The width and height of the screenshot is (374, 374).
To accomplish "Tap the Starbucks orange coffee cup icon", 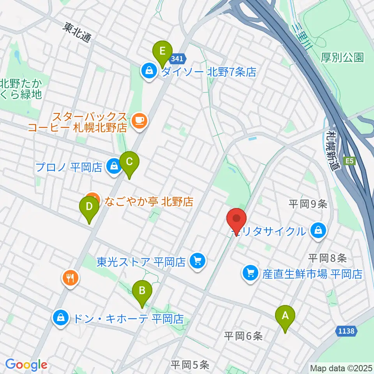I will (139, 121).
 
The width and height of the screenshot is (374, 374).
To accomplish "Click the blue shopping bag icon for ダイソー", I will (148, 71).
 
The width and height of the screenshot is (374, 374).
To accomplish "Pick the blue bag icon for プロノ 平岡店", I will (113, 167).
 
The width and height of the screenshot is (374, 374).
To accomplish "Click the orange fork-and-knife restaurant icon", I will (70, 278).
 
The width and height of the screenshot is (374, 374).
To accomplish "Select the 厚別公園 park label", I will (342, 58).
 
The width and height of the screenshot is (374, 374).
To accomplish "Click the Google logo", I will (26, 365).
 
